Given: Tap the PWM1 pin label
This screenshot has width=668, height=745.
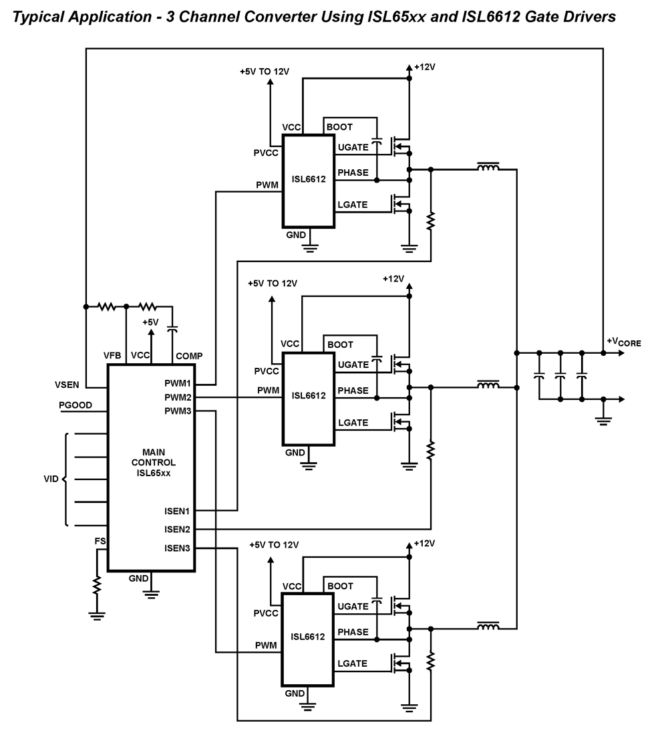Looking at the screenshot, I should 177,384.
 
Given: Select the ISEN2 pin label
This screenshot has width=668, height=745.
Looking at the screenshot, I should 176,530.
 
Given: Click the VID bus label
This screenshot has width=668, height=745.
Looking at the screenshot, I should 51,480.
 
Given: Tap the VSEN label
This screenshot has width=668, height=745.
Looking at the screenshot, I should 67,385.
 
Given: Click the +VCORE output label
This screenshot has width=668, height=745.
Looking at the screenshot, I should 623,342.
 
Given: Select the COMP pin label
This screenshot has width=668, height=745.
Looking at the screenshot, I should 189,356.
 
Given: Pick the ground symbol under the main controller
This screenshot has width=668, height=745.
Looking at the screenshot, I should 152,591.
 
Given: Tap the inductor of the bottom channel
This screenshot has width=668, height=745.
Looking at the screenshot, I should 488,627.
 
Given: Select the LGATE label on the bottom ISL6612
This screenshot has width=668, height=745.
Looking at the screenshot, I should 352,663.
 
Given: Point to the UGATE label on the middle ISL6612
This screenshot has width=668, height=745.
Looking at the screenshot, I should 353,364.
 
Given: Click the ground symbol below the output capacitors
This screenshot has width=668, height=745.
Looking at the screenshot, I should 603,419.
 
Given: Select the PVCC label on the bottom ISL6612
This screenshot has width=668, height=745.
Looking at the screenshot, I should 266,613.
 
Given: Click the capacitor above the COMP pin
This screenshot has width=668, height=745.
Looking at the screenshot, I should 173,330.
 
